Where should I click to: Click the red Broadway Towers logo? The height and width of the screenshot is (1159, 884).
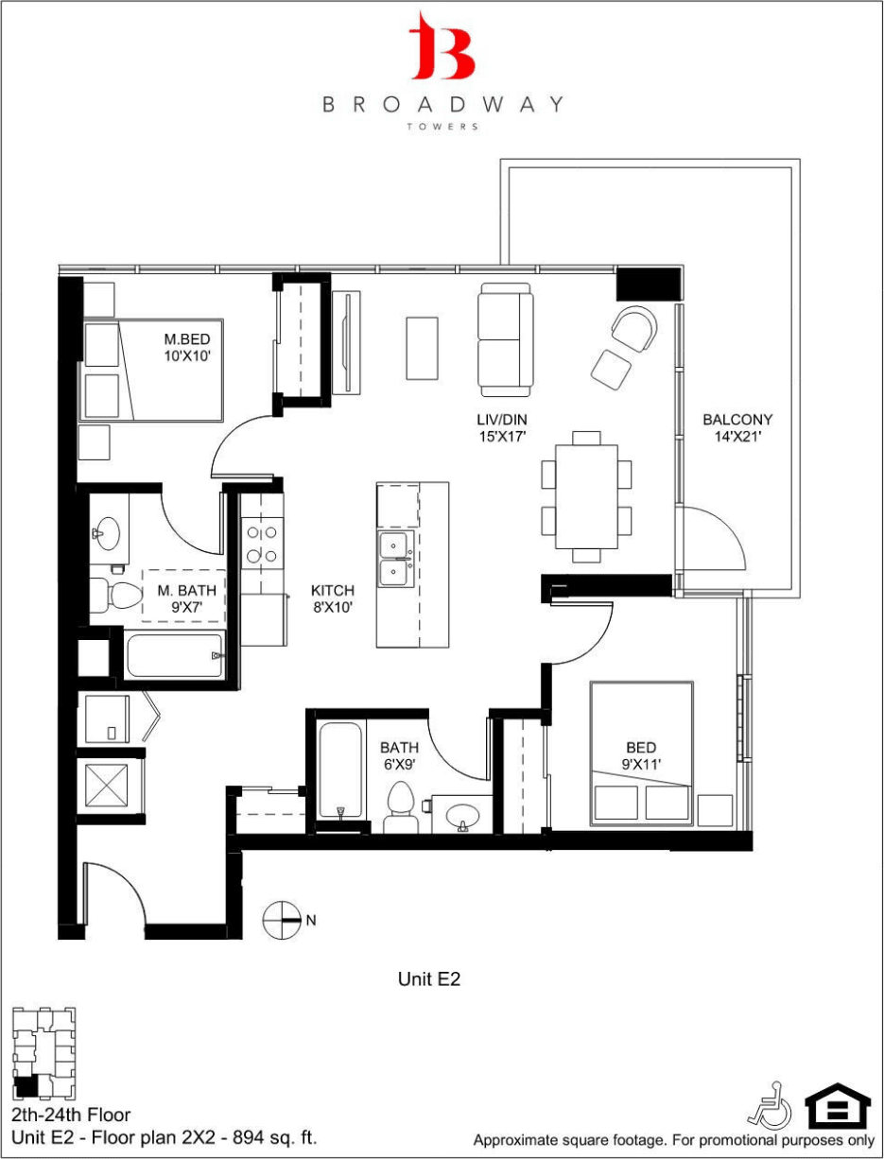pyautogui.click(x=442, y=46)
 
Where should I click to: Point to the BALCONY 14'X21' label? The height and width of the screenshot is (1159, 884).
pyautogui.click(x=737, y=428)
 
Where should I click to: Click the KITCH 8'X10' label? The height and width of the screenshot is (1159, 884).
pyautogui.click(x=332, y=599)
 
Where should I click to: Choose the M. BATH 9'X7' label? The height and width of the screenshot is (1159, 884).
pyautogui.click(x=186, y=599)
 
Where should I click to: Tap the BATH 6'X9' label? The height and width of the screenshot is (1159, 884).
pyautogui.click(x=398, y=756)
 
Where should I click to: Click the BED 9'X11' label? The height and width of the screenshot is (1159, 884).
pyautogui.click(x=640, y=756)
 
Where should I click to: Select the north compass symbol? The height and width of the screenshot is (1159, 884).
pyautogui.click(x=282, y=918)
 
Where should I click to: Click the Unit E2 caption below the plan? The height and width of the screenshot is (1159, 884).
pyautogui.click(x=428, y=979)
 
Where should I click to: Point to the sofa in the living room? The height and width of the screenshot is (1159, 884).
pyautogui.click(x=505, y=339)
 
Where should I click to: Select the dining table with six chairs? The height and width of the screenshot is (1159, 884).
pyautogui.click(x=586, y=496)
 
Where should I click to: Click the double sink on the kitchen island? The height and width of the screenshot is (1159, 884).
pyautogui.click(x=395, y=560)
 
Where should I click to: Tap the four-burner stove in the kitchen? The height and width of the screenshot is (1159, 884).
pyautogui.click(x=261, y=545)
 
